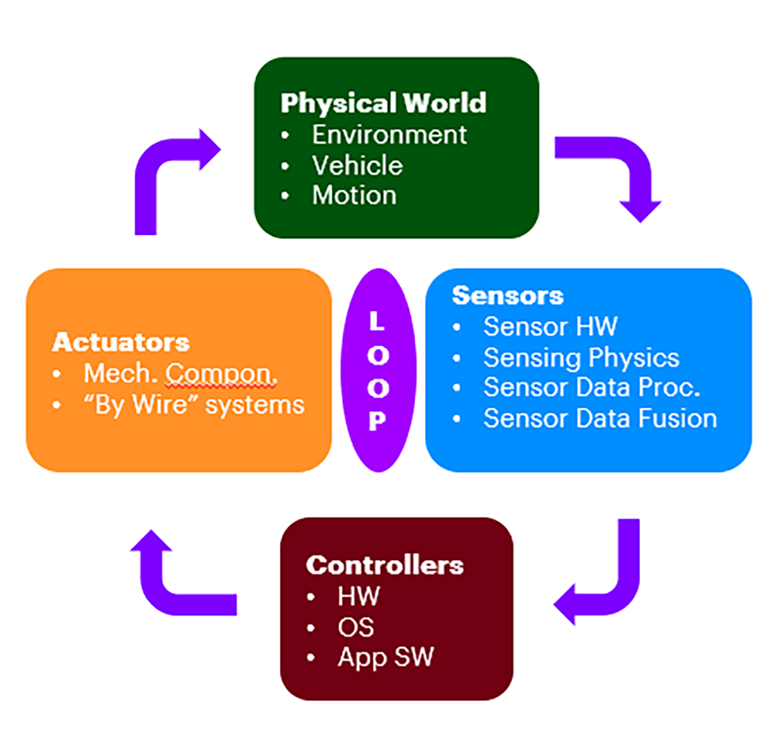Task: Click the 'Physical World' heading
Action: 383,103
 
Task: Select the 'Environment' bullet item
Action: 389,135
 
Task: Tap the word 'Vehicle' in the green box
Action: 357,165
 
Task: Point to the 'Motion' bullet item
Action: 354,195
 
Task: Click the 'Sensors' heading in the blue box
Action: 508,296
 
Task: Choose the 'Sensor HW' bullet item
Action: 550,326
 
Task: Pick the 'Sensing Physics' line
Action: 581,358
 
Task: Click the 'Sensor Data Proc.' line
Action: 591,387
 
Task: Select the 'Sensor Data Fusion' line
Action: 600,419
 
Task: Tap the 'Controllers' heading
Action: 384,565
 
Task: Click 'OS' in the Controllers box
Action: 355,628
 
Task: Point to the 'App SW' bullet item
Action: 385,657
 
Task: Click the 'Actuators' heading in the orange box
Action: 121,342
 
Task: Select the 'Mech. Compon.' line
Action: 180,373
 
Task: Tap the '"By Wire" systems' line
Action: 193,405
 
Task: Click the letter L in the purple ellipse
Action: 377,321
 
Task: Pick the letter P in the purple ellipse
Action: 377,421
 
